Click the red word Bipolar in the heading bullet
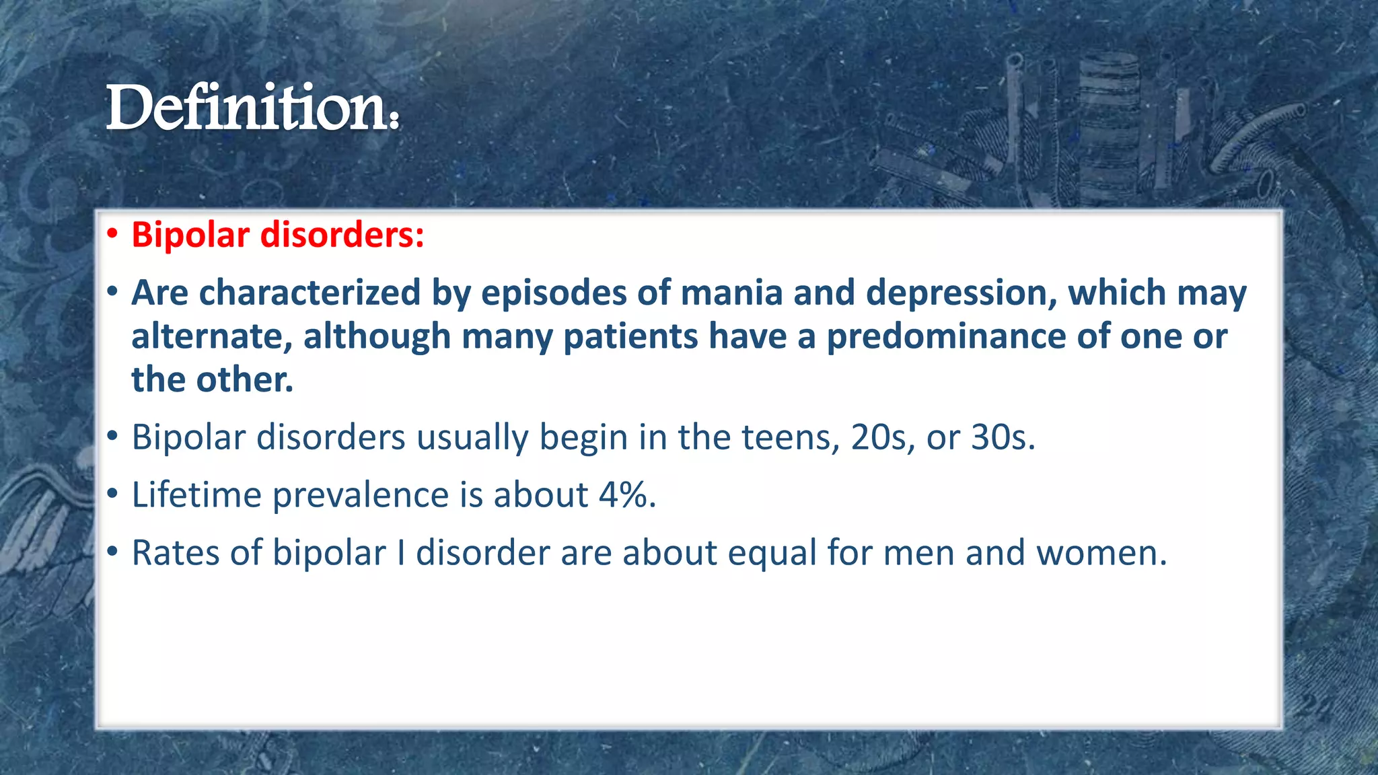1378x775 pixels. [190, 235]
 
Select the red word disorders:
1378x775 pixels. [342, 235]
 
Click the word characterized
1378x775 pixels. [310, 293]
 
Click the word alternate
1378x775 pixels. [211, 336]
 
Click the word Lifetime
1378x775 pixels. [196, 495]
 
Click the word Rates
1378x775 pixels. [175, 553]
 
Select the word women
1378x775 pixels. [1101, 553]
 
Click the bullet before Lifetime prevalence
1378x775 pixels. [112, 494]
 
